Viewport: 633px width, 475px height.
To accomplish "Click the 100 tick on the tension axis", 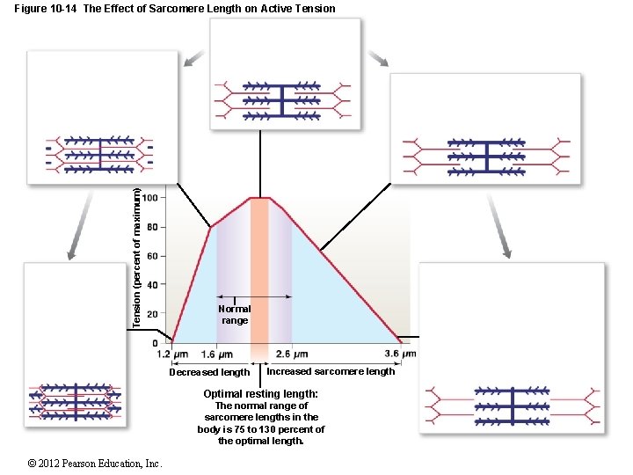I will tap(152, 198).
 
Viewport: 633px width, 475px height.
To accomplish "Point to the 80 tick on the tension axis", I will tap(152, 227).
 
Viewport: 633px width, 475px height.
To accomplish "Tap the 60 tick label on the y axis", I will tap(152, 256).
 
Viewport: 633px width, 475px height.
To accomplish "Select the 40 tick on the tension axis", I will tap(152, 285).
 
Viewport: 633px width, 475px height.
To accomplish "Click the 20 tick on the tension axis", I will tap(152, 314).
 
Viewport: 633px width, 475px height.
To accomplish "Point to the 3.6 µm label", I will tap(400, 354).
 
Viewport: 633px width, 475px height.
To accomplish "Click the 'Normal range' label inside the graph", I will tap(236, 315).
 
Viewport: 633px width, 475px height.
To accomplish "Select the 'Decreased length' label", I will tap(209, 373).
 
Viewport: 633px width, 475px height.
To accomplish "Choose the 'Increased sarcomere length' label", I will tap(331, 371).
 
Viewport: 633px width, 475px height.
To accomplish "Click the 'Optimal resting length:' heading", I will tap(260, 394).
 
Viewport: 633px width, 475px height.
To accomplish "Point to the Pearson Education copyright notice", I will tap(83, 464).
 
